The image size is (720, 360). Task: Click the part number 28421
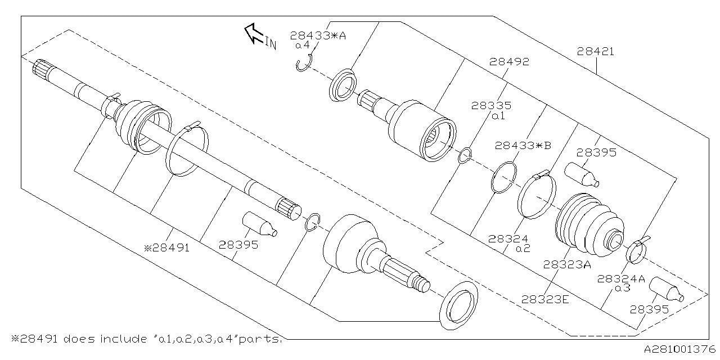point(595,52)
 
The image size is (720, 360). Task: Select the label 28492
point(509,62)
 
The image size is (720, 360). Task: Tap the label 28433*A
point(318,35)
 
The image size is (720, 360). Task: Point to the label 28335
point(491,105)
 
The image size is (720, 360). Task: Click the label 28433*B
point(523,145)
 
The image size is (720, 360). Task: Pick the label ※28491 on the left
point(167,246)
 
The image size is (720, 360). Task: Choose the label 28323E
point(545,299)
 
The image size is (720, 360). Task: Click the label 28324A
point(622,278)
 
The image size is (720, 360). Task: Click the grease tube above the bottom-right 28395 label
point(666,289)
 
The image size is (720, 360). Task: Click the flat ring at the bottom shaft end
point(458,304)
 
